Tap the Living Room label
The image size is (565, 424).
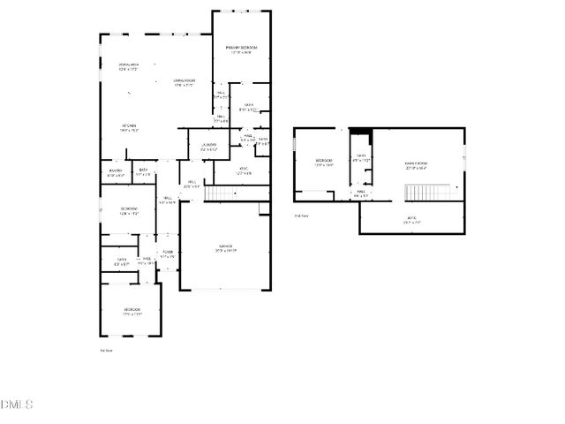(184, 83)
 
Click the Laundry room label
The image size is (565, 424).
(208, 147)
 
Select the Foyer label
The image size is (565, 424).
(168, 254)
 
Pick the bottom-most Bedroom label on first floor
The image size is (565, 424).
(132, 311)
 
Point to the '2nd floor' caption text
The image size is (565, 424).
(301, 215)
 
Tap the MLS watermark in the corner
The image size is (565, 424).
(17, 405)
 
